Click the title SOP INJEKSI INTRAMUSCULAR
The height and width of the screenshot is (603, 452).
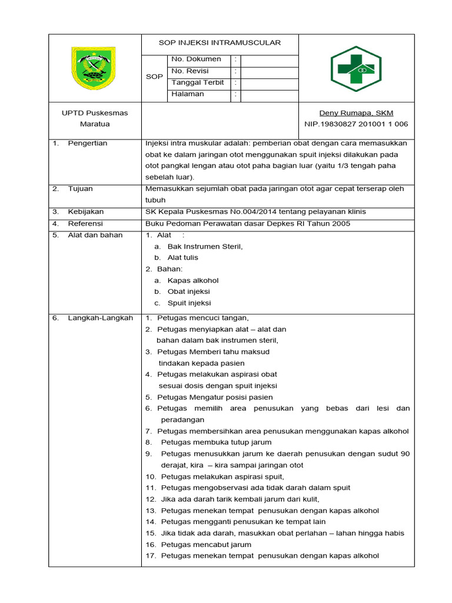pos(220,42)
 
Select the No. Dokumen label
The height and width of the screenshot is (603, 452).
pos(196,59)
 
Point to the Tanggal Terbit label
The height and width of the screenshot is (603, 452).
pos(197,83)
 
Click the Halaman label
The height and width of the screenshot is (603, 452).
pos(188,94)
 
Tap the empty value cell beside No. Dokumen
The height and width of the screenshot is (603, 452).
pos(270,59)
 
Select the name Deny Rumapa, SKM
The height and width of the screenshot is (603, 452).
pos(356,113)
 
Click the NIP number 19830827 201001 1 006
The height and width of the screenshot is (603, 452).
pos(356,124)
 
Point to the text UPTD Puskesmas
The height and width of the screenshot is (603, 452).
pos(95,113)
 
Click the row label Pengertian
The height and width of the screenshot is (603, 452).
pos(88,143)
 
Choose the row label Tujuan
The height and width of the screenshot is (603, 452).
pos(81,189)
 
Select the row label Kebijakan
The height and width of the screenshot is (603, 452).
pos(86,212)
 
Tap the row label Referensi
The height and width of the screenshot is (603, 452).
pos(85,224)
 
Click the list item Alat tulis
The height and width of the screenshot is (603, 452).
pos(182,258)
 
